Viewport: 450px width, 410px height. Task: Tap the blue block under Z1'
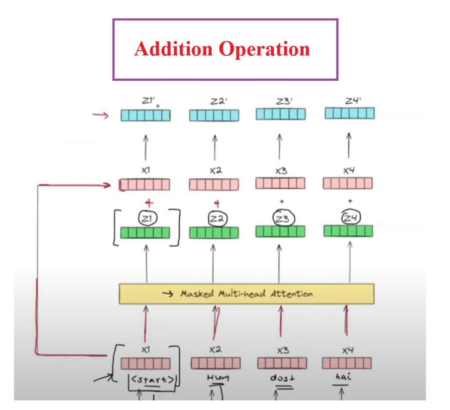[145, 115]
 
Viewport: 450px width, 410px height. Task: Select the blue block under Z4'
[349, 113]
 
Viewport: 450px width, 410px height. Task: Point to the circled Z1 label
[145, 218]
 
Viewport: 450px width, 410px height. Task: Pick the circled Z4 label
[349, 216]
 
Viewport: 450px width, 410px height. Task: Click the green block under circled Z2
[214, 233]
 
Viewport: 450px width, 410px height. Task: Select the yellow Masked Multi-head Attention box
[247, 294]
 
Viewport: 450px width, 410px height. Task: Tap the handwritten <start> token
[151, 380]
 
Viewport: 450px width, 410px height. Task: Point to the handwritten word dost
[280, 378]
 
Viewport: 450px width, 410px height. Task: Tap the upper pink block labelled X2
[214, 184]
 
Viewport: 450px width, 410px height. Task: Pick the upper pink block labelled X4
[348, 183]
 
